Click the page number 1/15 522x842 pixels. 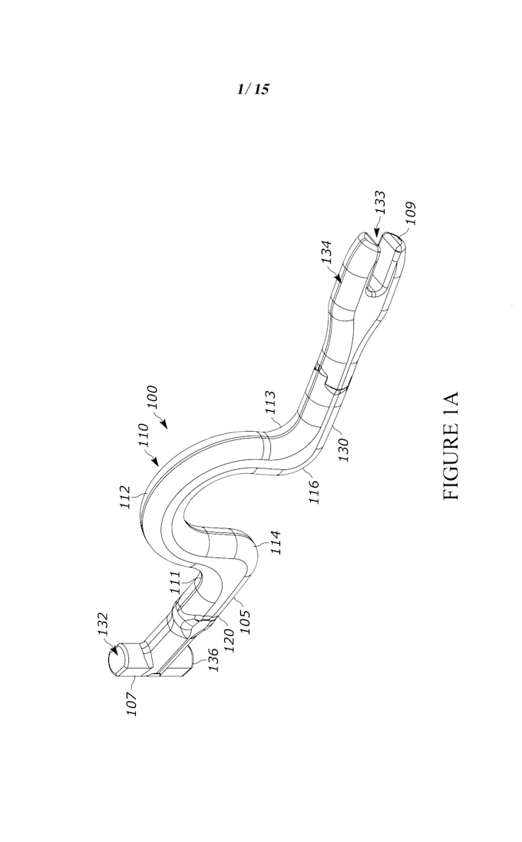tap(253, 89)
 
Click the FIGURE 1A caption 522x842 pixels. tap(451, 446)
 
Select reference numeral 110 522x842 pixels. tap(142, 436)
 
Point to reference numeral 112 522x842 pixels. tap(124, 498)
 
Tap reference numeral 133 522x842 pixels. tap(380, 202)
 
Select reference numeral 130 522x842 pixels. tap(343, 450)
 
